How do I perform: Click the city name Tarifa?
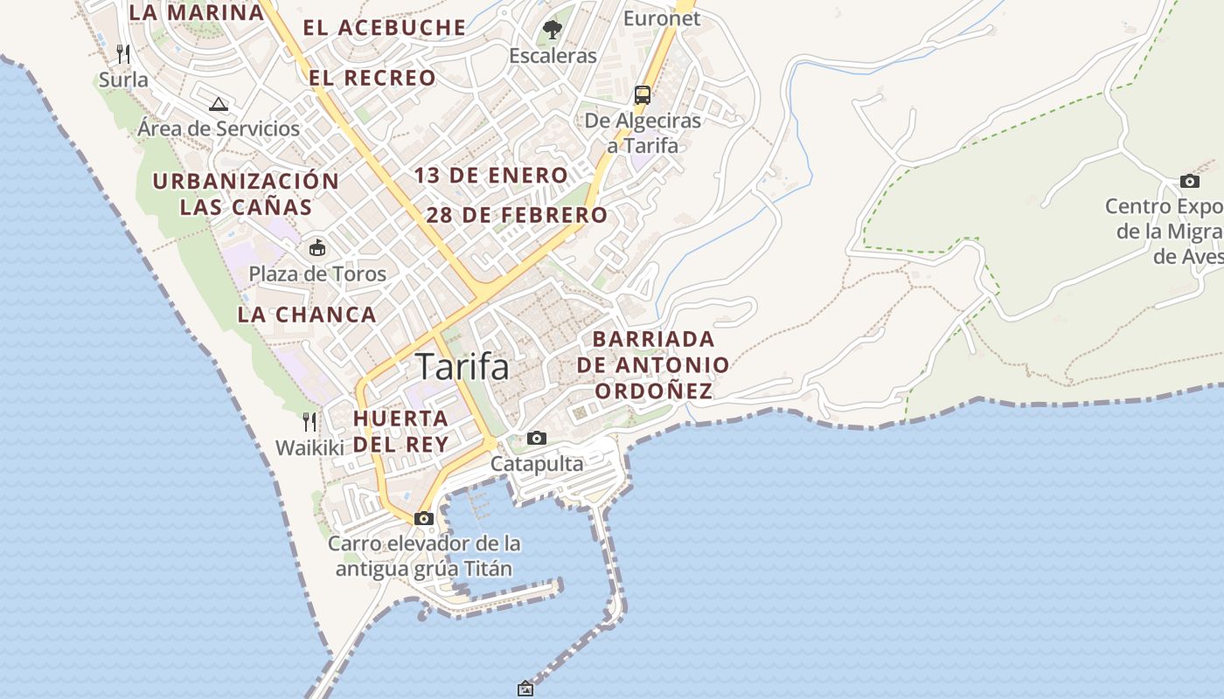[x=462, y=366]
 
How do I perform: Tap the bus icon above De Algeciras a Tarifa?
[x=643, y=95]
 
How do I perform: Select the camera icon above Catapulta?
[x=537, y=438]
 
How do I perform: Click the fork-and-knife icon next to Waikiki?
[x=309, y=422]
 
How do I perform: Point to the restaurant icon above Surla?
[x=123, y=54]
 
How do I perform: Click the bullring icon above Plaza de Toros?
[x=316, y=248]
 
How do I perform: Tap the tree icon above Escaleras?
[x=552, y=30]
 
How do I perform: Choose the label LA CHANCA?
[x=307, y=315]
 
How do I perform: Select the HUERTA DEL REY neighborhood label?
[x=400, y=431]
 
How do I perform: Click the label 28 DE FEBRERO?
[x=517, y=215]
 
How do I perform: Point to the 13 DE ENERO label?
[x=491, y=175]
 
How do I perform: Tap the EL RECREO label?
[x=372, y=78]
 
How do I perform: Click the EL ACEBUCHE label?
[x=385, y=27]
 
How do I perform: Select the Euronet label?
[x=662, y=17]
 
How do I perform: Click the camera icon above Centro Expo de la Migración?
[x=1190, y=181]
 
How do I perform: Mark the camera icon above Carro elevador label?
[x=424, y=518]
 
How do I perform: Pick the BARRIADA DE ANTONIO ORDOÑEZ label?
[x=653, y=364]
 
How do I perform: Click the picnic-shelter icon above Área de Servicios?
[x=219, y=104]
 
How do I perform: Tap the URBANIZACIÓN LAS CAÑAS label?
[x=246, y=194]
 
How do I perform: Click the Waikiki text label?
[x=310, y=447]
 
